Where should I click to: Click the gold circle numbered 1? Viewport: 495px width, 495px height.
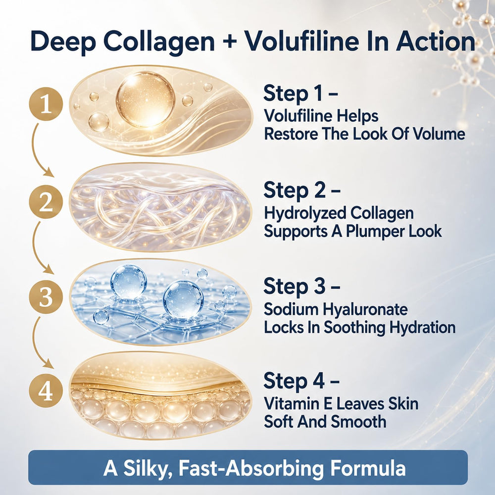pyautogui.click(x=46, y=104)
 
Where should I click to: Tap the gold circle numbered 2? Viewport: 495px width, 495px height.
pyautogui.click(x=46, y=202)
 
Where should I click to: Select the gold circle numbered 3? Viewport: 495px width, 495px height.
pyautogui.click(x=46, y=297)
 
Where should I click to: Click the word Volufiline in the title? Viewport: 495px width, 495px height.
pyautogui.click(x=302, y=42)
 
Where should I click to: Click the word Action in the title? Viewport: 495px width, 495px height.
pyautogui.click(x=435, y=42)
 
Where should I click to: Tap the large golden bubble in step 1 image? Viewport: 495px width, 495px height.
pyautogui.click(x=145, y=99)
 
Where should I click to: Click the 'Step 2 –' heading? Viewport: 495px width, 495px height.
pyautogui.click(x=302, y=191)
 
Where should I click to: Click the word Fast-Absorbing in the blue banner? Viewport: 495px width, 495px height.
pyautogui.click(x=251, y=468)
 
